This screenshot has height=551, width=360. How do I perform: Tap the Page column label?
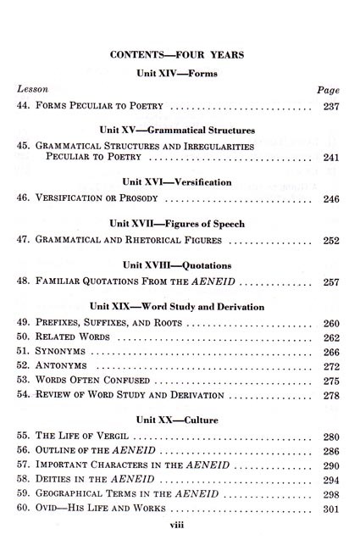[327, 89]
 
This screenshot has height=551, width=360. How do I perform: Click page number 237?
[330, 108]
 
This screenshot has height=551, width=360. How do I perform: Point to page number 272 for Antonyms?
[330, 365]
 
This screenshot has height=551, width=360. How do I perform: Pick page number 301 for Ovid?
[330, 509]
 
